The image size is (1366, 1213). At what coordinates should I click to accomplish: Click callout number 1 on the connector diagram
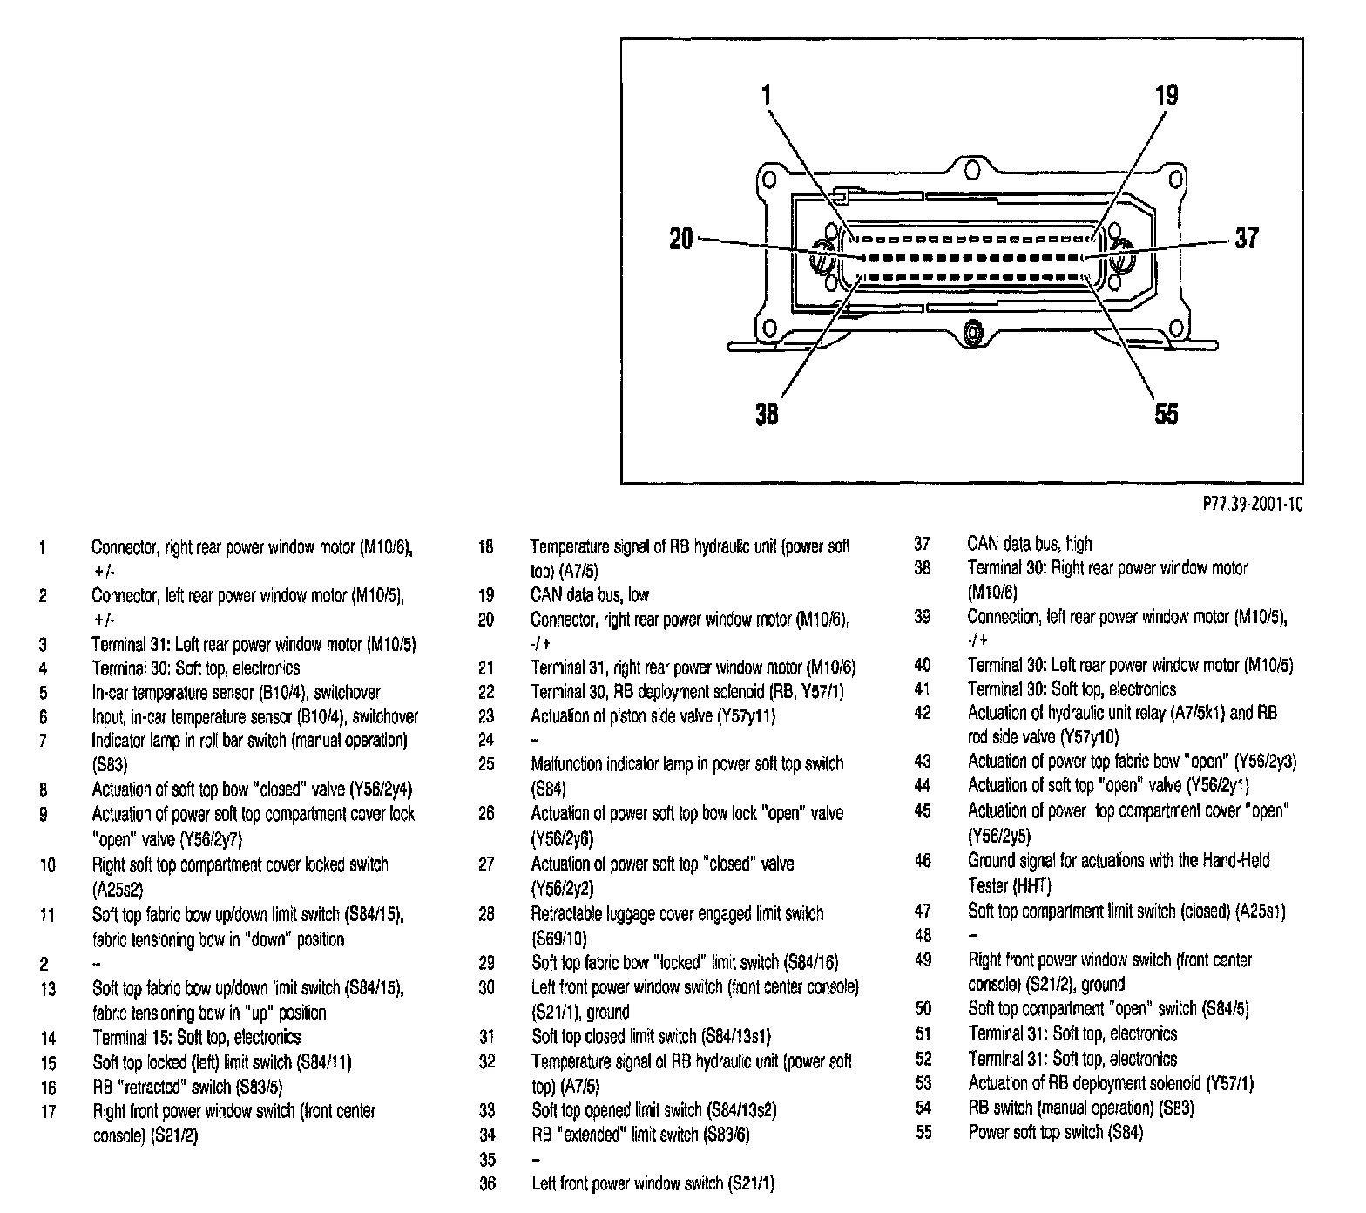pos(766,94)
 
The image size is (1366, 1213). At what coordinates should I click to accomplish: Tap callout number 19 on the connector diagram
pos(1167,95)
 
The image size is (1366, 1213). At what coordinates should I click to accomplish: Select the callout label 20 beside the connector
pos(680,238)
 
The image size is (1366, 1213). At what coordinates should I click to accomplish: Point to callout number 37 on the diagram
pos(1247,238)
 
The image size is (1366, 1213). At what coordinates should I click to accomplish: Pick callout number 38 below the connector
pos(767,412)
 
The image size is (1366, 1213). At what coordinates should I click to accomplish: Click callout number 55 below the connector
pos(1166,412)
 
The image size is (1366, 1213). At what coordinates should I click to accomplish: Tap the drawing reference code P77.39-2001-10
pos(1252,505)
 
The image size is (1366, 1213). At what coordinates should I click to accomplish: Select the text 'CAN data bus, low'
pos(590,595)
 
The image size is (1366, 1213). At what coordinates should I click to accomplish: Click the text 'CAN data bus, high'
pos(1029,544)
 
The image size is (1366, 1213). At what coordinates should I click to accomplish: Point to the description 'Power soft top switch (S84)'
pos(1055,1132)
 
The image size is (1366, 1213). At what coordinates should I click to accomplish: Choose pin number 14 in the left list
pos(48,1038)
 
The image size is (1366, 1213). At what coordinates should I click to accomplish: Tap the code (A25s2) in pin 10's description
pos(118,890)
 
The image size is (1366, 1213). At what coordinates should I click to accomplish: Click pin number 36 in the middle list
pos(487,1183)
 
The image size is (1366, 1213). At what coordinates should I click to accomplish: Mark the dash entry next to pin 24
pos(535,740)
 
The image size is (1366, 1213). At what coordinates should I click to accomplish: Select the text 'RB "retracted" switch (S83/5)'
pos(187,1087)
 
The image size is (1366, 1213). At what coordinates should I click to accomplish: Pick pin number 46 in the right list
pos(923,861)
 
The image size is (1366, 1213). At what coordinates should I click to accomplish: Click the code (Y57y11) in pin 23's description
pos(745,716)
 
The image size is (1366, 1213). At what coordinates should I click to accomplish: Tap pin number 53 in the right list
pos(923,1083)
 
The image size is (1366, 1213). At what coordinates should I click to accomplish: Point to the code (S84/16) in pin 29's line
pos(810,963)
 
